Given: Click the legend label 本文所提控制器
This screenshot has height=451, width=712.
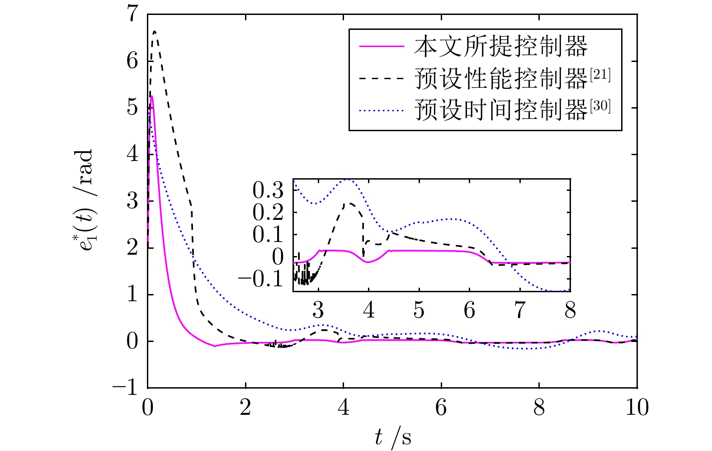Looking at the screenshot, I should (x=500, y=46).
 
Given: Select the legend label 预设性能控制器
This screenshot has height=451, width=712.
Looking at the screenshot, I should (x=500, y=79).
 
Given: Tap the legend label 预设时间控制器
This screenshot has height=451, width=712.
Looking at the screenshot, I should (x=500, y=110).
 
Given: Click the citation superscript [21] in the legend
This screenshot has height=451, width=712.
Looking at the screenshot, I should (x=600, y=74).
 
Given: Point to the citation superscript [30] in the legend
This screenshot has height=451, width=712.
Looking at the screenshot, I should (x=600, y=105).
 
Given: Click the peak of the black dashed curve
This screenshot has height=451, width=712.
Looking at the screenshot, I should (x=155, y=32).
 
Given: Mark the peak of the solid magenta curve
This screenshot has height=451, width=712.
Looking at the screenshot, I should (x=151, y=96).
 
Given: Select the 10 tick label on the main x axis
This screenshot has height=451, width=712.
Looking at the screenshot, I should (x=637, y=408).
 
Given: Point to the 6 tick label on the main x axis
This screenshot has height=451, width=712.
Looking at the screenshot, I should (x=441, y=408).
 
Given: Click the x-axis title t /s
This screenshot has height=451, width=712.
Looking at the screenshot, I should (x=392, y=437).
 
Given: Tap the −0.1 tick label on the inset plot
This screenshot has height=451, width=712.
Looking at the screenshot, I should (x=261, y=279).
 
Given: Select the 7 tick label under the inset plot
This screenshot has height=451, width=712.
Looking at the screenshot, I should (x=520, y=310).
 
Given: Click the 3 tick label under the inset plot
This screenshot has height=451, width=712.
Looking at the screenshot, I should (x=318, y=310).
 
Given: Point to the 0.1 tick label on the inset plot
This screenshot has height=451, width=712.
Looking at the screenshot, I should (x=268, y=234).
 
